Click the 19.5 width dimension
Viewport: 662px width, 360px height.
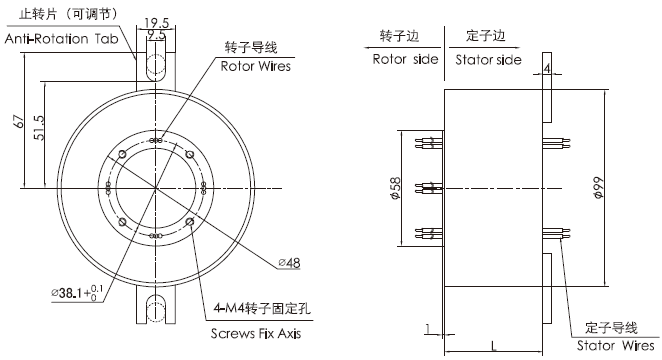click(x=155, y=22)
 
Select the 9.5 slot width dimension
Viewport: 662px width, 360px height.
click(x=155, y=35)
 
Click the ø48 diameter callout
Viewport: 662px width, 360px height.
click(x=288, y=263)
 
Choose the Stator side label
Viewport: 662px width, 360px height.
click(x=488, y=59)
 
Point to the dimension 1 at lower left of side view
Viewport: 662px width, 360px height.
click(x=427, y=327)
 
